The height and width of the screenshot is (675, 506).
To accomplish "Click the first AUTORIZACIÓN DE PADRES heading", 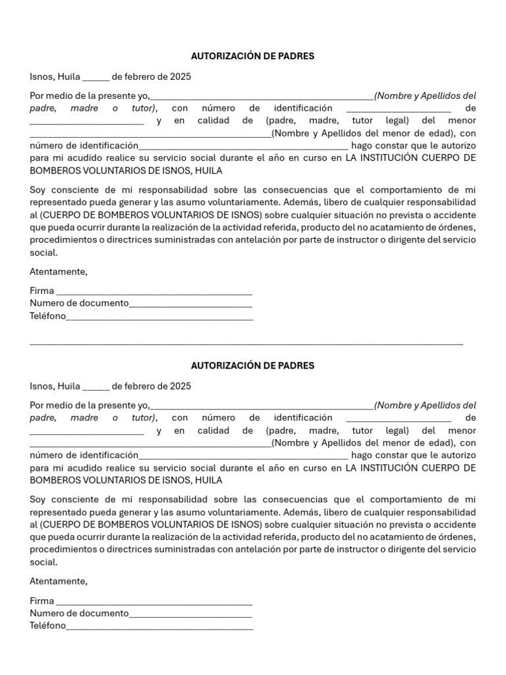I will [x=252, y=56].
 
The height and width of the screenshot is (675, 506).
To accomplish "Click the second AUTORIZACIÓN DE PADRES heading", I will [x=252, y=365].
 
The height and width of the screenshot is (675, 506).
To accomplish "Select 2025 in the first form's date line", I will [x=180, y=76].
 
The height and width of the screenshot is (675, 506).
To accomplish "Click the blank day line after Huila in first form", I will [x=96, y=78].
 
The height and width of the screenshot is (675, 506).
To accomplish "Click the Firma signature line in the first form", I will [x=154, y=292].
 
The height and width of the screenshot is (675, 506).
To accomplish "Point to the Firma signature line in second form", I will [x=154, y=602].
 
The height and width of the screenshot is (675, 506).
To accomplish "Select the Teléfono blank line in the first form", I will [x=159, y=317].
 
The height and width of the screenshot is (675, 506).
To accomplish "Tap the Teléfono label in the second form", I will [x=47, y=626].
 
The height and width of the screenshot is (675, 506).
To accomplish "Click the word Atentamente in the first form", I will [x=58, y=272].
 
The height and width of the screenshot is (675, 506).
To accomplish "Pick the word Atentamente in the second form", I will [x=58, y=581].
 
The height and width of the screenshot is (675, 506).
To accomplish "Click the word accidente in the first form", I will [x=455, y=215].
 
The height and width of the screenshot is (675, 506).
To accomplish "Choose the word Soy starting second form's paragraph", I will [x=38, y=500].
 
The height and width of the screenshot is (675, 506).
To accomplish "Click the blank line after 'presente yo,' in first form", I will [x=262, y=96].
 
